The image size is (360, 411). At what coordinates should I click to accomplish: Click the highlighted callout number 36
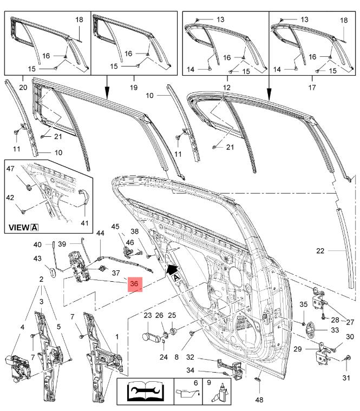pos(134,283)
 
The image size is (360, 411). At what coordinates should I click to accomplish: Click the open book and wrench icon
pos(144,391)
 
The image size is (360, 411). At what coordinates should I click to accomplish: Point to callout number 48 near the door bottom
pos(259,400)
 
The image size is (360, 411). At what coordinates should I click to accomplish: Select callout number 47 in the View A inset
pos(11,169)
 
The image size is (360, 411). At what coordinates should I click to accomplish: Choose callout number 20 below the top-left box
pos(23,87)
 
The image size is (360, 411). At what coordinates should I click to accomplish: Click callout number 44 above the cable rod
pos(100,233)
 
